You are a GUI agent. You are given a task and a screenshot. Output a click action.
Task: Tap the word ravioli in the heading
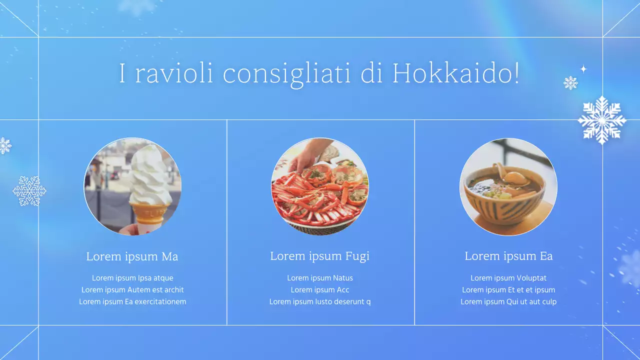pyautogui.click(x=174, y=73)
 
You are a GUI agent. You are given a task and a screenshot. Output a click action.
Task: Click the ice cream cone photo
pyautogui.click(x=132, y=186)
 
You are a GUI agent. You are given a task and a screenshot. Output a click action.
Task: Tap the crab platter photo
pyautogui.click(x=320, y=186)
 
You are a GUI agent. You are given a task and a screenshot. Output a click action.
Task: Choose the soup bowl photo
pyautogui.click(x=508, y=186)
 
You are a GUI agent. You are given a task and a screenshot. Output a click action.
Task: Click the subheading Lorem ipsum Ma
pyautogui.click(x=132, y=256)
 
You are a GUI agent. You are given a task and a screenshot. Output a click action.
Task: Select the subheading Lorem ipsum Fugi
pyautogui.click(x=319, y=256)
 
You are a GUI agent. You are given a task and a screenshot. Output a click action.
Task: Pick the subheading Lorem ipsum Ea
pyautogui.click(x=508, y=256)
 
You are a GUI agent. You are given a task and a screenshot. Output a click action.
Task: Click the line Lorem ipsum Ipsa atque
pyautogui.click(x=132, y=278)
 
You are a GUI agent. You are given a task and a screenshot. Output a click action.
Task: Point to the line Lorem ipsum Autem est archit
pyautogui.click(x=132, y=289)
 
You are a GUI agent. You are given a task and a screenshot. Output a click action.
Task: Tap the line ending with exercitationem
pyautogui.click(x=132, y=301)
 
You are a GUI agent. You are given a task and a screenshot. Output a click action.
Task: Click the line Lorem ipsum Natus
pyautogui.click(x=320, y=278)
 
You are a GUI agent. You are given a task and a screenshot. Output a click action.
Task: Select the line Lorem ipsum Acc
pyautogui.click(x=320, y=289)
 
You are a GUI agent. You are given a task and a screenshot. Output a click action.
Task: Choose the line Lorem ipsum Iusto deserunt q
pyautogui.click(x=320, y=301)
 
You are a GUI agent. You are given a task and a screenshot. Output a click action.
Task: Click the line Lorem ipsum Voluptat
pyautogui.click(x=508, y=278)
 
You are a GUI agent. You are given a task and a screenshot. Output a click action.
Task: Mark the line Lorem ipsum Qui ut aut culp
pyautogui.click(x=508, y=301)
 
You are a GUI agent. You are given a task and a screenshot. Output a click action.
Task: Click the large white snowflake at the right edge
pyautogui.click(x=601, y=120)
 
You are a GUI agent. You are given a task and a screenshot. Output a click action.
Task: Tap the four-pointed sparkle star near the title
pyautogui.click(x=583, y=69)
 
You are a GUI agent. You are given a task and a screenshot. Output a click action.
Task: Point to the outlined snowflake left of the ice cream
pyautogui.click(x=29, y=191)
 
